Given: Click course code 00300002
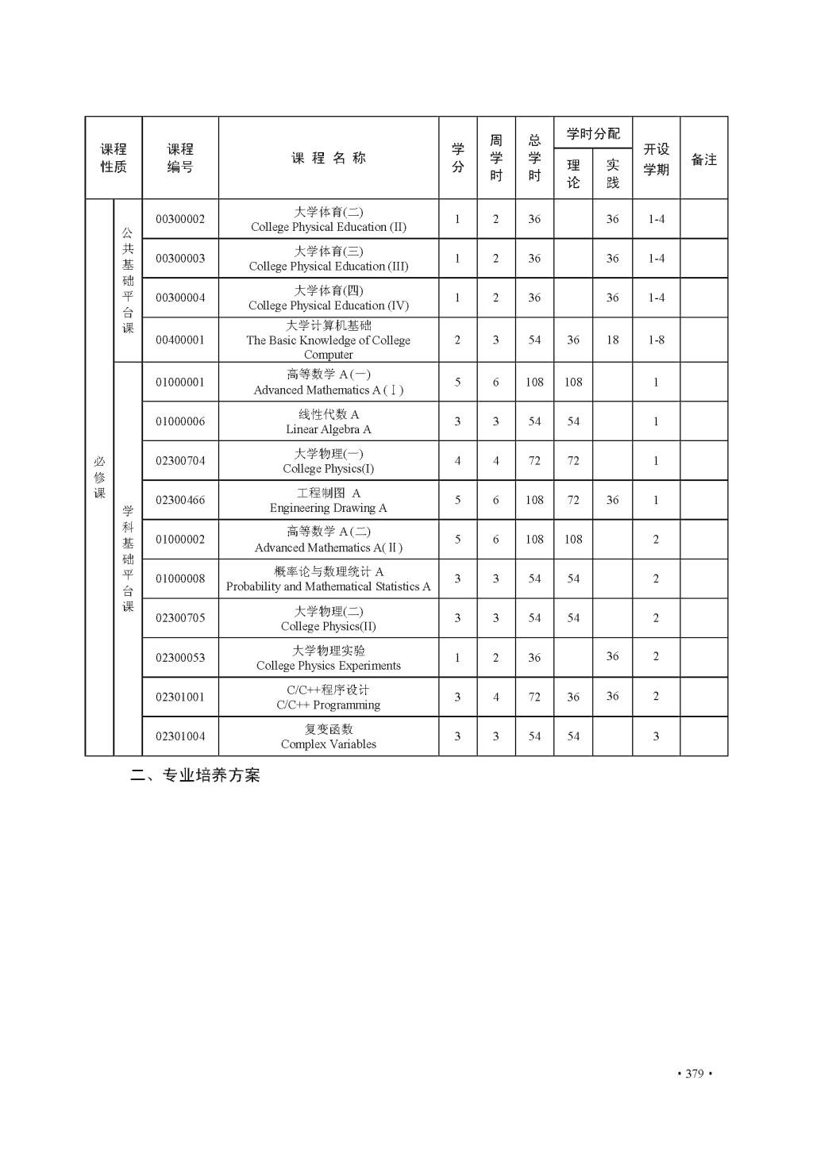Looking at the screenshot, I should (180, 219).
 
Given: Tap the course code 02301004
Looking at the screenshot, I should (180, 736).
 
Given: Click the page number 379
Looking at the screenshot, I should (694, 1074).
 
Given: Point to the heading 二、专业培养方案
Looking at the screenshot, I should (195, 776).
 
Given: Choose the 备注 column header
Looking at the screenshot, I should (703, 159).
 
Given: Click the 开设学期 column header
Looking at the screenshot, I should (656, 159).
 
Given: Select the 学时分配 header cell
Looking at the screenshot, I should (593, 133).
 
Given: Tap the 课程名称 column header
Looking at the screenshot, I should (329, 158).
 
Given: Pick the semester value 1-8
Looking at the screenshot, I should (656, 340).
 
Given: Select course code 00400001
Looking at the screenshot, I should (180, 340).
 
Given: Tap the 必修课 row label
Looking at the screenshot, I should (99, 477).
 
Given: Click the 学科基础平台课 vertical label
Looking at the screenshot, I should (128, 559).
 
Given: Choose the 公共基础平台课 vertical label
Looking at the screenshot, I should (128, 280).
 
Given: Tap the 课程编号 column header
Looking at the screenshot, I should (180, 158).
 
